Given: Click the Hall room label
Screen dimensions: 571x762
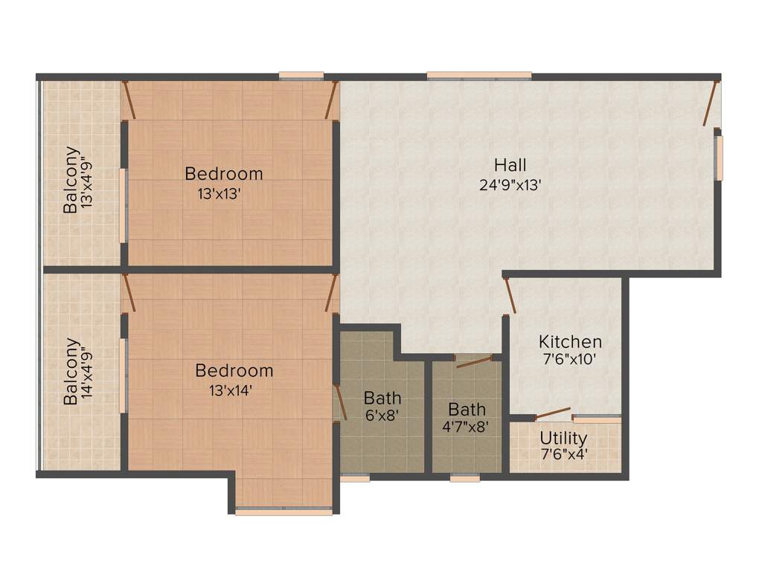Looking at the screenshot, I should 510,164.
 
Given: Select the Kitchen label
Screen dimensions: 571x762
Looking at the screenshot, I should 570,342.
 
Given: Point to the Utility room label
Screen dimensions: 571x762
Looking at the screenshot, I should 563,438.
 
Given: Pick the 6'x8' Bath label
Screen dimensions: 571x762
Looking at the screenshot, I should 382,398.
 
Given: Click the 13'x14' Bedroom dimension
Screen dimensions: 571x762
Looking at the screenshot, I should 234,390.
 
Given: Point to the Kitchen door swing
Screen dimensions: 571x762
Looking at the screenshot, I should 510,295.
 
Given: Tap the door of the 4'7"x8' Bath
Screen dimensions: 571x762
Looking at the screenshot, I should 475,362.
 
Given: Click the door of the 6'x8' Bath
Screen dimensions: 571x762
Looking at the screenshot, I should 341,401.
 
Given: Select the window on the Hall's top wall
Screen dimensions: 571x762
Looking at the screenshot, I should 479,75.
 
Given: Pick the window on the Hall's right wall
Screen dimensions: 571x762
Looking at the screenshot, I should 719,158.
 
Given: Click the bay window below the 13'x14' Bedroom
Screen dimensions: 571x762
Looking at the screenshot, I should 284,512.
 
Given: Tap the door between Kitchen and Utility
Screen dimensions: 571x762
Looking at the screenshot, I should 553,413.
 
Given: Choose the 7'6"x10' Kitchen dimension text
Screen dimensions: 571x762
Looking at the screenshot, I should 570,358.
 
